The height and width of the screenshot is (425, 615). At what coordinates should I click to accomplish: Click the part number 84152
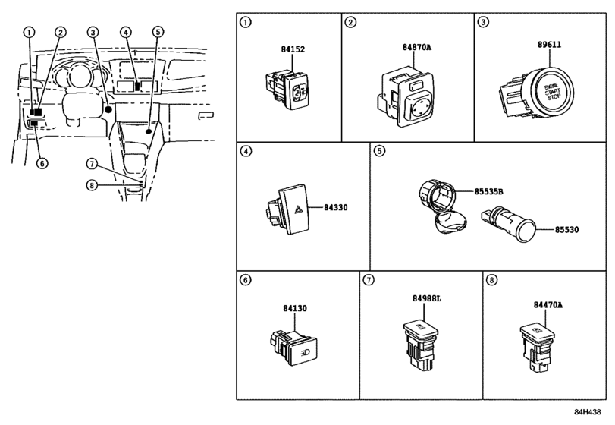click(x=293, y=49)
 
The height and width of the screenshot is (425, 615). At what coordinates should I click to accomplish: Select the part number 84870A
click(x=416, y=47)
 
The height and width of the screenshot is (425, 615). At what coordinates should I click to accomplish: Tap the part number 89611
click(x=549, y=44)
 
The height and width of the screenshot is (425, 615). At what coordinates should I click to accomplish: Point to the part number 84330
click(x=336, y=207)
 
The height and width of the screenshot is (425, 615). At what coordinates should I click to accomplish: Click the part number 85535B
click(x=488, y=191)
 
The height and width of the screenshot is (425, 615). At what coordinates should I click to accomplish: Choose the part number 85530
click(x=566, y=229)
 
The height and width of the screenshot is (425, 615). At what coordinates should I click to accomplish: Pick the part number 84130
click(x=295, y=308)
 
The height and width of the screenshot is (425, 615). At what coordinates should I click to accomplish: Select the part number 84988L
click(x=427, y=298)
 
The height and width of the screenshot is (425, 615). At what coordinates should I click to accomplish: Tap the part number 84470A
click(x=548, y=304)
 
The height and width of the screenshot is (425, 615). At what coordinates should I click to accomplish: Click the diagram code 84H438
click(x=588, y=412)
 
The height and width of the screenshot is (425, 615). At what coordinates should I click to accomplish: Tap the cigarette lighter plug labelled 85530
click(x=508, y=224)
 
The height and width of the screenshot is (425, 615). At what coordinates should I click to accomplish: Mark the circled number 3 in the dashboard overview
click(x=93, y=32)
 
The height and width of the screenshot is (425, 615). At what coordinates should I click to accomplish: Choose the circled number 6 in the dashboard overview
click(x=42, y=163)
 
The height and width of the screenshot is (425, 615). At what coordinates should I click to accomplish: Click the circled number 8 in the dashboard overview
click(x=92, y=184)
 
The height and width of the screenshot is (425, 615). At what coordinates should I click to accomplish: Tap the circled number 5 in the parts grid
click(x=379, y=151)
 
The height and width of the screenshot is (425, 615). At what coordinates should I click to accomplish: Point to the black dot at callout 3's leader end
click(x=108, y=109)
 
